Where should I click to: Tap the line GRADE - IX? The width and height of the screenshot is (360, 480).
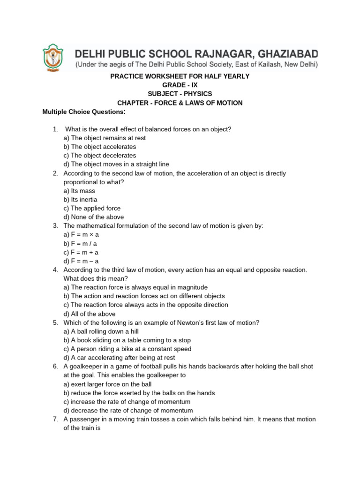[180, 85]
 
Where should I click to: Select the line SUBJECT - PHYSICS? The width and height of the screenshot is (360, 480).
[180, 94]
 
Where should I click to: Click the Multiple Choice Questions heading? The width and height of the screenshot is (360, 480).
[84, 112]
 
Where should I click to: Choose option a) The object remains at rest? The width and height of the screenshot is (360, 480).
[105, 138]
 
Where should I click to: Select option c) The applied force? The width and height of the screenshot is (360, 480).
[92, 208]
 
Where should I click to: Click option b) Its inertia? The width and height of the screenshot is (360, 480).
[80, 199]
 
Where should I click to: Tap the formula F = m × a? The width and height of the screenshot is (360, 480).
[81, 234]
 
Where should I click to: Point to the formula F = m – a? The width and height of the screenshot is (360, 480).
[81, 261]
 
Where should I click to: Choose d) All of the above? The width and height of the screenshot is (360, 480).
[89, 314]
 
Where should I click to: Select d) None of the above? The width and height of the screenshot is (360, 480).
[93, 217]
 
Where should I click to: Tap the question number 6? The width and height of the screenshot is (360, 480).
[55, 366]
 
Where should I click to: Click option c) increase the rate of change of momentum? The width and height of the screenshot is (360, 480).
[127, 402]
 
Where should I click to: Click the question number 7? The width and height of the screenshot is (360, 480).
[55, 419]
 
